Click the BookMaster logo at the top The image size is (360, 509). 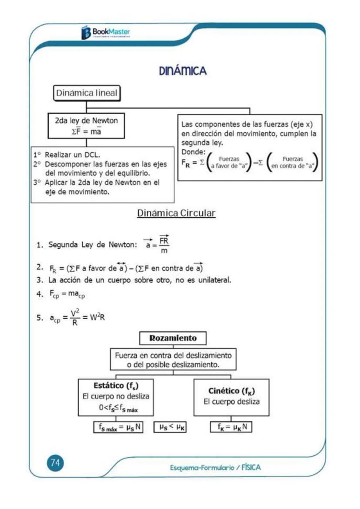106,32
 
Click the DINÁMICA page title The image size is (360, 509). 182,71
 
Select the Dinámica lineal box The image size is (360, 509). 87,93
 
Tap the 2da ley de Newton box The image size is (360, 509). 86,126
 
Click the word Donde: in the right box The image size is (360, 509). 193,152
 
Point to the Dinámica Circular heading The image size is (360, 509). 176,213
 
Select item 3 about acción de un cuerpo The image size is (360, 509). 133,280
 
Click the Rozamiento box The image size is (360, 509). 173,338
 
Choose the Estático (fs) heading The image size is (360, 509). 116,385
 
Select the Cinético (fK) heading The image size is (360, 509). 231,390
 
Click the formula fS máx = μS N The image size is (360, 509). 118,427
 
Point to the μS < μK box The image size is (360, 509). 170,427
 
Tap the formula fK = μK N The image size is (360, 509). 231,427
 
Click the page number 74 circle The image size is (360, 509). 55,463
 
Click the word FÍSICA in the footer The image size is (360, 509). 251,468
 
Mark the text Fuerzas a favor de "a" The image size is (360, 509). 227,162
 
